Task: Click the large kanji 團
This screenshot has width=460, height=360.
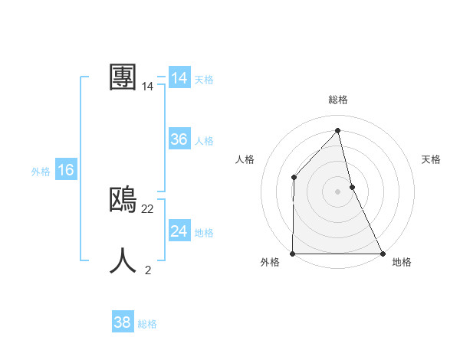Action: click(x=123, y=77)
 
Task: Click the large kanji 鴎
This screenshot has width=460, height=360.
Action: click(x=123, y=200)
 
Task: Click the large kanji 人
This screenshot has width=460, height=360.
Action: click(x=123, y=260)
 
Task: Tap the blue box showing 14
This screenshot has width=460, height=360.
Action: click(x=179, y=78)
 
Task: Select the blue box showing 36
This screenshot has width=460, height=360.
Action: click(x=179, y=139)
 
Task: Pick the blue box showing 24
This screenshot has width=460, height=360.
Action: click(x=179, y=231)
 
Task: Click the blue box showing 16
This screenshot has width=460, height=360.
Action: click(x=66, y=170)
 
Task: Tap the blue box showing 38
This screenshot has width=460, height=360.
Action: click(x=123, y=322)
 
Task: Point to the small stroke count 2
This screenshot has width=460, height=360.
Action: click(x=148, y=270)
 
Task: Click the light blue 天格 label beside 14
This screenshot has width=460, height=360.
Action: click(x=204, y=80)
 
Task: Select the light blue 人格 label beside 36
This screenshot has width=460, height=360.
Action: click(x=204, y=141)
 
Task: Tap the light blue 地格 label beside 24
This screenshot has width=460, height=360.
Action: click(x=204, y=233)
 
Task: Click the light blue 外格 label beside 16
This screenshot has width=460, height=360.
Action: click(x=41, y=172)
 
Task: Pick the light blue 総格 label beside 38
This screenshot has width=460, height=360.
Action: click(x=147, y=324)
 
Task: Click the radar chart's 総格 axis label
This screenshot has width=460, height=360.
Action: click(x=338, y=100)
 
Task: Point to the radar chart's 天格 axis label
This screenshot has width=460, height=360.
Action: click(x=431, y=159)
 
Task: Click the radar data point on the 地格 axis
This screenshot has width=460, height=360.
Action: click(x=382, y=254)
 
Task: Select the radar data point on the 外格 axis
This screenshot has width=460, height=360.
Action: click(x=293, y=254)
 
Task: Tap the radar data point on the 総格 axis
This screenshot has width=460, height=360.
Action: click(x=338, y=131)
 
